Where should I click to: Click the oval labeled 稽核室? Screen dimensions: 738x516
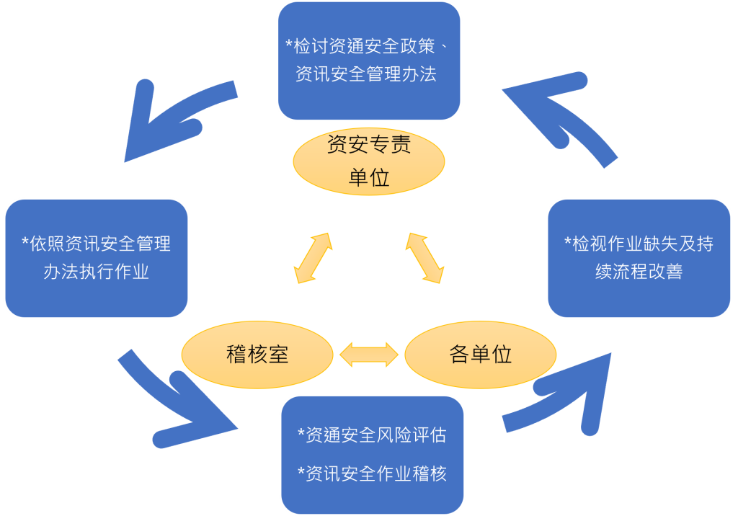(257, 355)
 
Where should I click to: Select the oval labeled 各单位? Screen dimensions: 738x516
(481, 355)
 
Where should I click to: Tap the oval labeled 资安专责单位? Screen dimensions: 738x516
(369, 161)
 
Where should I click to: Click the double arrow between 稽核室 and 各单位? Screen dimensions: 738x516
(369, 355)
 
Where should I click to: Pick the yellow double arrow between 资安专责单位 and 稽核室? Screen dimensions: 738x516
(313, 258)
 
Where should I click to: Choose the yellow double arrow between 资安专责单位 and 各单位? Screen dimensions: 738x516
(424, 258)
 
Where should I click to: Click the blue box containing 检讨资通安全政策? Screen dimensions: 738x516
(369, 61)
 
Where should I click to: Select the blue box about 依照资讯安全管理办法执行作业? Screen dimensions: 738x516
(97, 258)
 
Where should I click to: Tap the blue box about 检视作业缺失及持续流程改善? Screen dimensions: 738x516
(639, 258)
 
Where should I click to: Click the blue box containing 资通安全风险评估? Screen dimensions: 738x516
(373, 455)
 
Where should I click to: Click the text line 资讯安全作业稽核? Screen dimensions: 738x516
(373, 473)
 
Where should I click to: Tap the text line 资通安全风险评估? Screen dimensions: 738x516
(373, 435)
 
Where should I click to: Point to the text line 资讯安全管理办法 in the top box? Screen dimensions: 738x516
(366, 74)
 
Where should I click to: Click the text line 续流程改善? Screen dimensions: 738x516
(639, 272)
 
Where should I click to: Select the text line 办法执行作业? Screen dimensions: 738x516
(97, 272)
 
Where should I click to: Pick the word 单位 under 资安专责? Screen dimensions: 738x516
(369, 178)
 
